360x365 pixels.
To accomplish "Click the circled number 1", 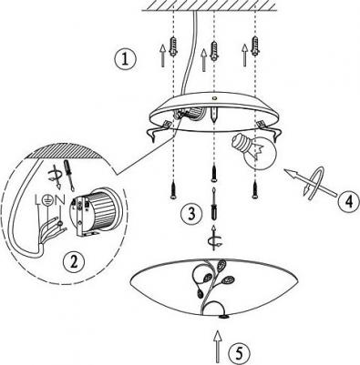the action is [x=125, y=59].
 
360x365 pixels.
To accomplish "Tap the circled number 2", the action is [x=74, y=262].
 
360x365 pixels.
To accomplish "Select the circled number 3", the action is [x=191, y=214].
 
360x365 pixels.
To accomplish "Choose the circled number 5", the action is [x=240, y=354].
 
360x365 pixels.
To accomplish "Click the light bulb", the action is [x=253, y=150].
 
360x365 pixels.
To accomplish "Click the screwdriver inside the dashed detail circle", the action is [x=68, y=176].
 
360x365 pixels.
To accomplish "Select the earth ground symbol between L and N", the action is [x=47, y=199].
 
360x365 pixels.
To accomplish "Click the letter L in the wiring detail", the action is [x=38, y=199].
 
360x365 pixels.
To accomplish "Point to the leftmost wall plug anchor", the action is [x=173, y=46].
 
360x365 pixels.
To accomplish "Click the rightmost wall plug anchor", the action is [x=255, y=46].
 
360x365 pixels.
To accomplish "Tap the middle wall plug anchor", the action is [x=214, y=51].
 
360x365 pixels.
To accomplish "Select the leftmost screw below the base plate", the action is [x=173, y=189].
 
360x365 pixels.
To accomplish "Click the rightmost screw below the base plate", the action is [x=255, y=189].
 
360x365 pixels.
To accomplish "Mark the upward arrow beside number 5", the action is [x=217, y=347].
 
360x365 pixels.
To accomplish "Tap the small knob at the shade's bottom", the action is [x=224, y=317].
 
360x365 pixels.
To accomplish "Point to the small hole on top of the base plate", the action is [x=215, y=98].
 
